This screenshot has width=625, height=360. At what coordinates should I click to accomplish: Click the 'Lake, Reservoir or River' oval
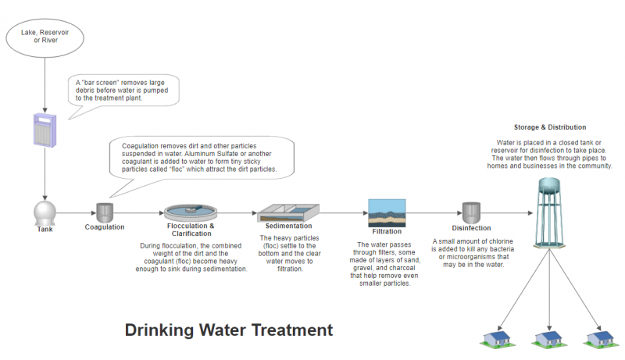(45, 37)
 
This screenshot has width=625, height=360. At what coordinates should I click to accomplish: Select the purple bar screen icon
(45, 130)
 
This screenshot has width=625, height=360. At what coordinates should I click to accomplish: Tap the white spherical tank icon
(45, 213)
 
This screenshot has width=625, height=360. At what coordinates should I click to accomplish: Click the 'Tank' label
(45, 229)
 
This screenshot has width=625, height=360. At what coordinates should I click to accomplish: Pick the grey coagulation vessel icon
(105, 212)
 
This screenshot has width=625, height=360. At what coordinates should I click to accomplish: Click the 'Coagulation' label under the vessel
(105, 227)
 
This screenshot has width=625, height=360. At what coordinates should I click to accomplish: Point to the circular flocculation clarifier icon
(191, 212)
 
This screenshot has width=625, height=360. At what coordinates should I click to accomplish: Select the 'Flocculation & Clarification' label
(191, 230)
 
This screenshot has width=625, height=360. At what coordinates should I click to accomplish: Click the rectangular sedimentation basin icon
(288, 212)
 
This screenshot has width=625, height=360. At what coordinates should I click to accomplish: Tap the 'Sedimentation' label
(288, 226)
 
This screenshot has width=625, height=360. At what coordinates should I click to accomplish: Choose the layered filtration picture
(387, 213)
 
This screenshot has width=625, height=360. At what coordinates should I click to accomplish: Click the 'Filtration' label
(387, 231)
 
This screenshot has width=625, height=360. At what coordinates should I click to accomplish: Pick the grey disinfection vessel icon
(471, 213)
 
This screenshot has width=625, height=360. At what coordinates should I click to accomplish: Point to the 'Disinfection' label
(471, 228)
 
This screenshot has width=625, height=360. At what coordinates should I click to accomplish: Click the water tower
(549, 213)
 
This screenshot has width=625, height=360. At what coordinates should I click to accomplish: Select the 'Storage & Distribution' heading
(550, 127)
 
